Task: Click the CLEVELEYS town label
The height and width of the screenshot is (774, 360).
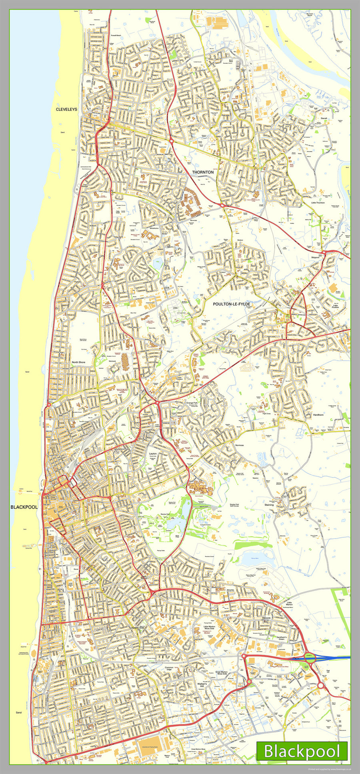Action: [66, 109]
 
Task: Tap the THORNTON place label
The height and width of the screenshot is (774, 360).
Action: [203, 172]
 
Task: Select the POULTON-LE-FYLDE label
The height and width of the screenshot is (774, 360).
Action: [232, 304]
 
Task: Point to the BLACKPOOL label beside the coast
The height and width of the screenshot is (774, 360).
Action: [24, 507]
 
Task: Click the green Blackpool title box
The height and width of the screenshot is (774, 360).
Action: [302, 751]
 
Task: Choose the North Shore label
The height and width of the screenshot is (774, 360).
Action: [78, 363]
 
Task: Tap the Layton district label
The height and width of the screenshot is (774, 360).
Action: [153, 454]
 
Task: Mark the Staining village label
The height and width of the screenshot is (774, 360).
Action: [269, 505]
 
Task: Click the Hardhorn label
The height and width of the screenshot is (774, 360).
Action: [318, 415]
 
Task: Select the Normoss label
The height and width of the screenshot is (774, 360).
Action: [239, 445]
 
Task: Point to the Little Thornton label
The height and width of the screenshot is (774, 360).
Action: [318, 203]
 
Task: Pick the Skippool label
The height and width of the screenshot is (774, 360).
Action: [315, 257]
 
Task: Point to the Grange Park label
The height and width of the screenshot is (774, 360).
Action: [193, 403]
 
